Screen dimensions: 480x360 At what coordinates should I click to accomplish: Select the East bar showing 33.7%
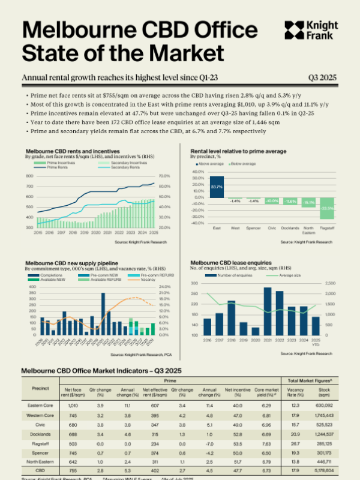point(217,187)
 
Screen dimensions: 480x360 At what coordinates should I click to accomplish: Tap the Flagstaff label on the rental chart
point(327,228)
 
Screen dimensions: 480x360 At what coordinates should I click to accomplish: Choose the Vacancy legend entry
point(131,280)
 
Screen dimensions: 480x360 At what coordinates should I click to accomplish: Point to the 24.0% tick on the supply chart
point(166,287)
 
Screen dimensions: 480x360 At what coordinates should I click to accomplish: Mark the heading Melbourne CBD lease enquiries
point(231,263)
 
